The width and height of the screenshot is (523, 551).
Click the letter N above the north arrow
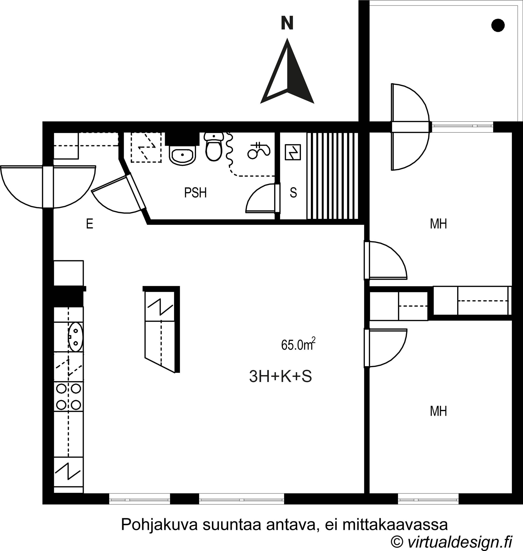(x=287, y=23)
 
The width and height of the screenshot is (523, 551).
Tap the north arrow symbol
(x=287, y=71)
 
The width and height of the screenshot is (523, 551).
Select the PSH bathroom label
(x=196, y=193)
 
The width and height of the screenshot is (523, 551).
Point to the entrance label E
(x=89, y=224)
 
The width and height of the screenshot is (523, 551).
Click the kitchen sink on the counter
(x=75, y=337)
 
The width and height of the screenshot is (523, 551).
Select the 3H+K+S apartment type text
(x=281, y=376)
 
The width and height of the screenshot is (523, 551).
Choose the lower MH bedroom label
(x=439, y=411)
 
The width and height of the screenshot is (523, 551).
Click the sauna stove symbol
(x=293, y=152)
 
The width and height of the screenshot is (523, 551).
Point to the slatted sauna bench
(x=332, y=176)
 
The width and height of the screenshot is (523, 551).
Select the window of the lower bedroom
(x=428, y=499)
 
